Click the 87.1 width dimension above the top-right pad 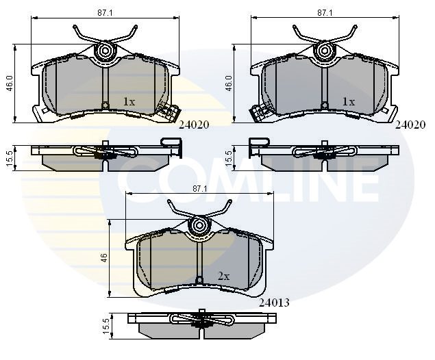(x=325, y=13)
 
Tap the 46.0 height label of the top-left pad (x=10, y=83)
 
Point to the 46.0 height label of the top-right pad (x=229, y=83)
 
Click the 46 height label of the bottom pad (x=104, y=258)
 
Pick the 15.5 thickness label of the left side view (x=9, y=159)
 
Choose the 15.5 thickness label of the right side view (x=229, y=159)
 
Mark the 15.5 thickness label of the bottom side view (x=106, y=326)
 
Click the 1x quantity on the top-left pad (x=129, y=102)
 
